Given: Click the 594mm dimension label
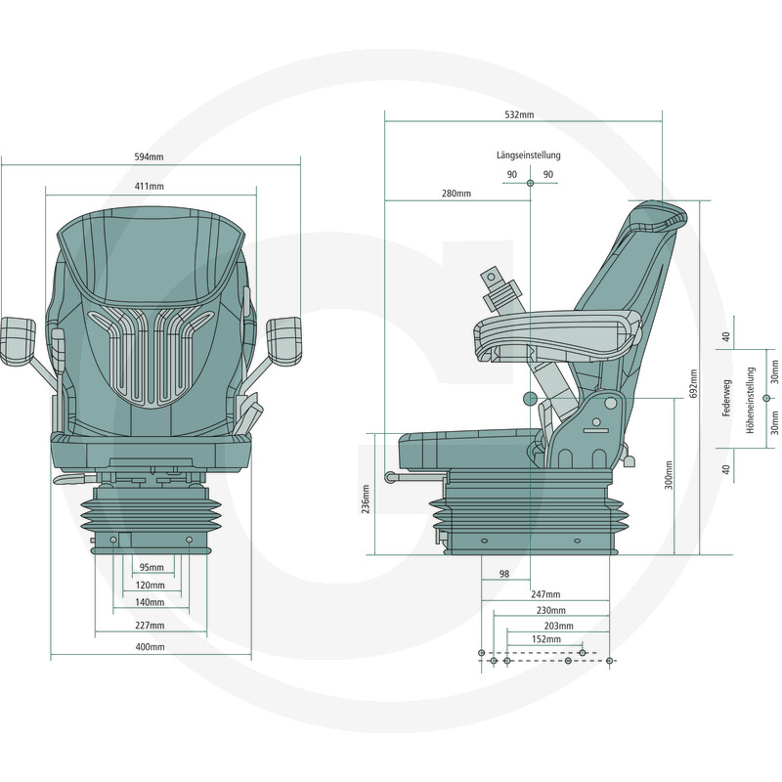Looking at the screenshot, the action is point(149,156).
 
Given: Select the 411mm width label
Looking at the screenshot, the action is point(150,186).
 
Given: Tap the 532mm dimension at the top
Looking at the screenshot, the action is point(519,114).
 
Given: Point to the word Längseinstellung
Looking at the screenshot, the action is point(529,155).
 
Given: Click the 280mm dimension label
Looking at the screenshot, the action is point(456,193).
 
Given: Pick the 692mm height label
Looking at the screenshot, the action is point(693,383).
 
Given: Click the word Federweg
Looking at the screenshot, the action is point(726,398).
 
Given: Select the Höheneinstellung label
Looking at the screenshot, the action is point(751,400).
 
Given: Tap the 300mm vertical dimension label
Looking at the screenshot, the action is point(669,475).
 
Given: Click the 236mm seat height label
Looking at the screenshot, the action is point(366,499).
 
